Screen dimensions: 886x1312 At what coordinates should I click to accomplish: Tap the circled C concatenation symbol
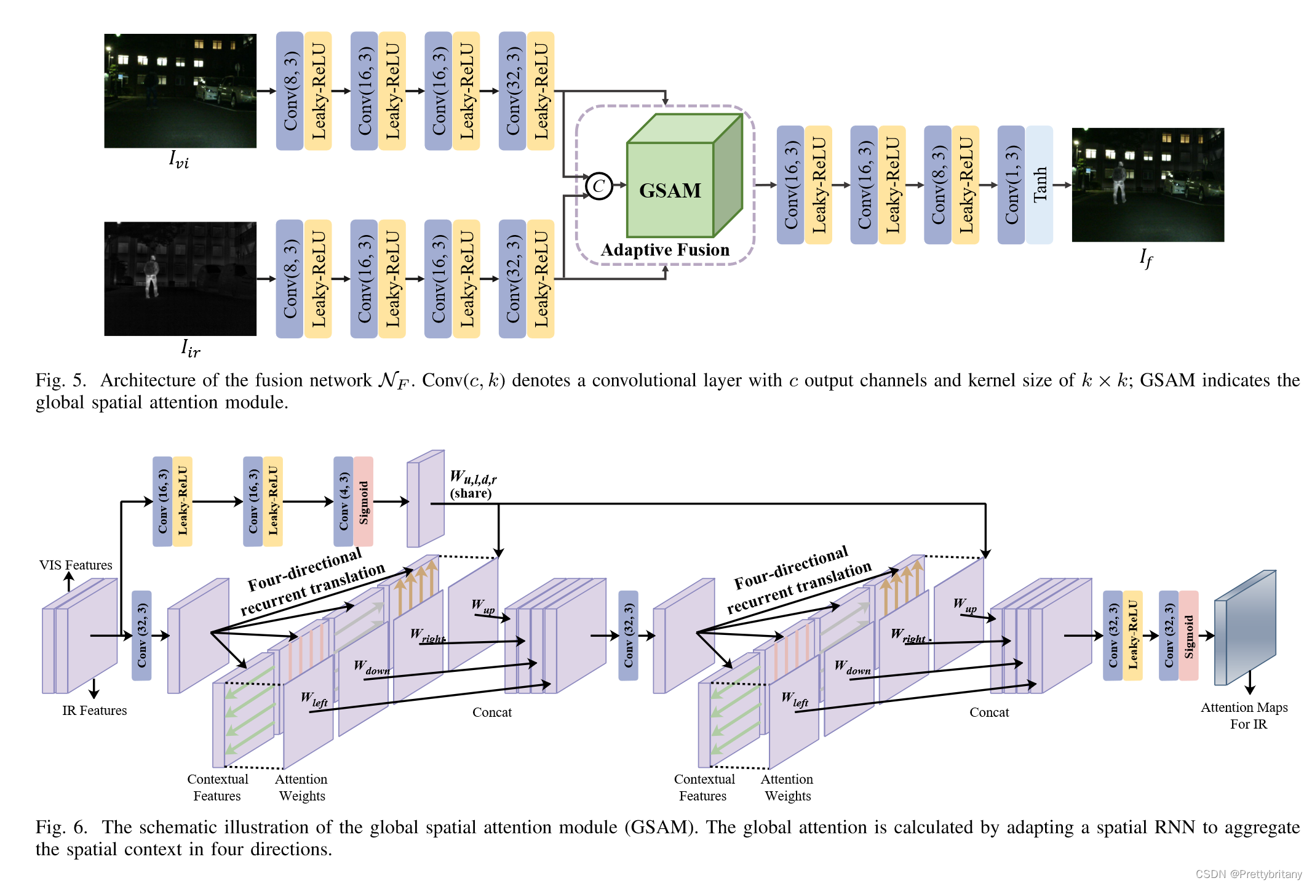[x=598, y=185]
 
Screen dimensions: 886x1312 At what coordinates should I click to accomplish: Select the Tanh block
[x=1040, y=185]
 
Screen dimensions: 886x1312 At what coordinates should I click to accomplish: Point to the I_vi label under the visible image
[x=179, y=160]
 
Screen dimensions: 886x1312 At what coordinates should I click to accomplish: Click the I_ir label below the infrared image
[x=191, y=348]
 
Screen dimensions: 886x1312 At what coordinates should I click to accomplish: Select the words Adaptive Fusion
[x=665, y=250]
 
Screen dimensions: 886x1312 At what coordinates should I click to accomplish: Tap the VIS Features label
[x=76, y=565]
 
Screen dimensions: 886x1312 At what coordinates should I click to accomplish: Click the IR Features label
[x=94, y=710]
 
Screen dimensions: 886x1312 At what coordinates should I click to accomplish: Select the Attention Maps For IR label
[x=1244, y=716]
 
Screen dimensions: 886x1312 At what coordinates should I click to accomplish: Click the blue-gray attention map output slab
[x=1245, y=628]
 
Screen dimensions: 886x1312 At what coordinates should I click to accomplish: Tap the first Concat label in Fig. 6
[x=491, y=712]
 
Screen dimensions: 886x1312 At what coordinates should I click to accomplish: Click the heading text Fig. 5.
[x=60, y=380]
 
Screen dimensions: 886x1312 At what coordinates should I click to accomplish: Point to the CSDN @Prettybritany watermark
[x=1248, y=874]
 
